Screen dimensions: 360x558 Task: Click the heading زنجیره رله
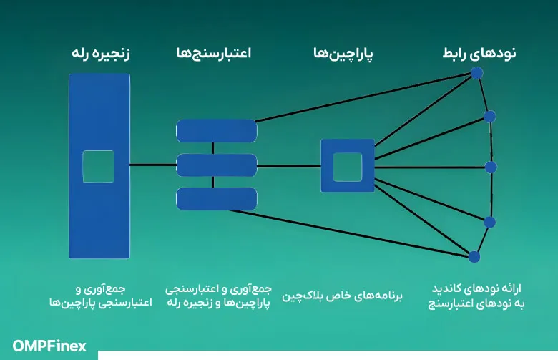(x=101, y=54)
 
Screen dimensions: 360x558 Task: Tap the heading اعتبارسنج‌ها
(x=212, y=54)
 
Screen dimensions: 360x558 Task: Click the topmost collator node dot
(x=477, y=73)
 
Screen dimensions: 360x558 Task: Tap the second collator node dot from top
(x=490, y=116)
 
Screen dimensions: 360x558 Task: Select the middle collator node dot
(x=491, y=167)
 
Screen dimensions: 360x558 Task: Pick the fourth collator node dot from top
(x=489, y=222)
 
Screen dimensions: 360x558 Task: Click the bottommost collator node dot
(x=474, y=256)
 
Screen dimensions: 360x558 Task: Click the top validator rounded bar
(x=216, y=130)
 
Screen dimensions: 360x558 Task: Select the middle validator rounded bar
(x=216, y=165)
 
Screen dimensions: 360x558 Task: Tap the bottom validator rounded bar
(x=216, y=199)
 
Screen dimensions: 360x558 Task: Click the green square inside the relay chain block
(x=99, y=166)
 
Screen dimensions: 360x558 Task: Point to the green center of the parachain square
(x=348, y=166)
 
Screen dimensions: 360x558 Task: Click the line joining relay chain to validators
(x=153, y=165)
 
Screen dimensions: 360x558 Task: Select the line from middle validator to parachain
(x=288, y=166)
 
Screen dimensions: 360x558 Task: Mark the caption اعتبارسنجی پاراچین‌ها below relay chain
(x=100, y=303)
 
